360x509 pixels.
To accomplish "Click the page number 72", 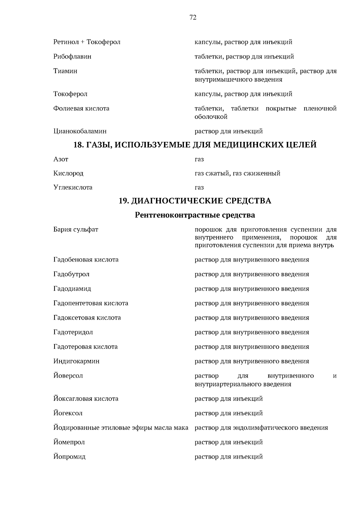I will click(x=193, y=18).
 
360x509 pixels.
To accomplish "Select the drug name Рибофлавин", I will click(x=72, y=56).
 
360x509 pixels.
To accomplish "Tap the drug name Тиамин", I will click(x=65, y=71).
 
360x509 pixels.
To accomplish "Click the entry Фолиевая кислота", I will click(x=81, y=108).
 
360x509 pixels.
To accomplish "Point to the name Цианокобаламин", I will click(x=80, y=131).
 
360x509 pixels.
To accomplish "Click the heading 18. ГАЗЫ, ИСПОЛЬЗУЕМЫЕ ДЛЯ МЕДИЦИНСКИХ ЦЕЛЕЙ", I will click(x=195, y=145).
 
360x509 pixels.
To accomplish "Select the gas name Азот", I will click(x=61, y=159).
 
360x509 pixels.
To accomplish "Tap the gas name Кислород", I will click(x=68, y=173).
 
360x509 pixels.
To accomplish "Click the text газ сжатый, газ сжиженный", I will click(x=237, y=173).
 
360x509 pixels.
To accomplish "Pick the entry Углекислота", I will click(x=73, y=187).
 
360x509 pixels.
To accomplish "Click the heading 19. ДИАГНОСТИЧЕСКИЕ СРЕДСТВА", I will click(x=195, y=201).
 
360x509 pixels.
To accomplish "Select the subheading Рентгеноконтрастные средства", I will click(x=195, y=215).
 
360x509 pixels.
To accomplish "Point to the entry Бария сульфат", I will click(x=76, y=230).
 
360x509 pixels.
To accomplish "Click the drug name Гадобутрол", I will click(x=71, y=274).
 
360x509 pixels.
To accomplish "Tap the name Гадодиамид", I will click(x=72, y=289).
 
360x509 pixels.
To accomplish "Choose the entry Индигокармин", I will click(x=76, y=361).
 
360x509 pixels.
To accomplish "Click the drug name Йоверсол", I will click(x=68, y=376).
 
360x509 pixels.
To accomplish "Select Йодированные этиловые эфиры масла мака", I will click(x=121, y=428).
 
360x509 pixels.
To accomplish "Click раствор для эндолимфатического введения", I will click(x=261, y=428).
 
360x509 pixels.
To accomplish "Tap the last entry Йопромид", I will click(x=69, y=457).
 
